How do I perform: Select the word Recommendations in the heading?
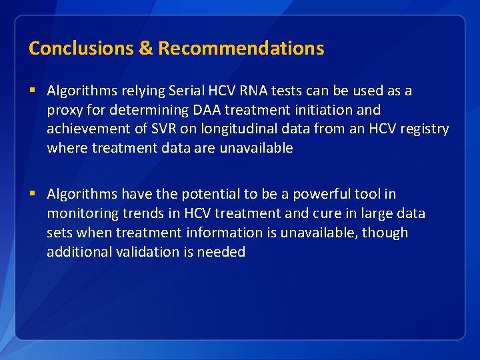tap(241, 48)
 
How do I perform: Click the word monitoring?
tap(81, 213)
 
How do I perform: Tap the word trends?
tap(141, 213)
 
